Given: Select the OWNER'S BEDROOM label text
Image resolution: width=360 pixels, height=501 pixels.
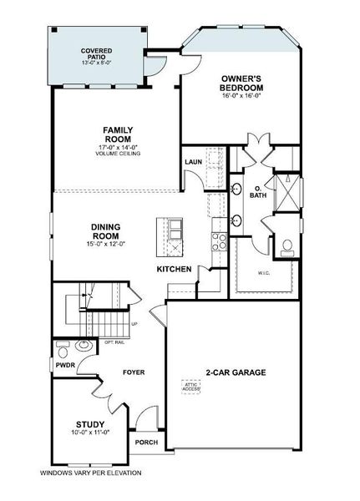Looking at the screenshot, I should coord(242,83).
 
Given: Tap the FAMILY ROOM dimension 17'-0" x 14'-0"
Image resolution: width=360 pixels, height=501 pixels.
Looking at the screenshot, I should coord(119,147).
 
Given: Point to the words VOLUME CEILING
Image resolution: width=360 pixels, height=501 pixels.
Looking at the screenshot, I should coord(119,154).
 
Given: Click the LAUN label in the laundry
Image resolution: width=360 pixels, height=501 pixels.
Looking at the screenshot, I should coord(193,162).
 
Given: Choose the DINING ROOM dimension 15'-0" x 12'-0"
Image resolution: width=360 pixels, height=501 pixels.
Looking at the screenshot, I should coord(108,244).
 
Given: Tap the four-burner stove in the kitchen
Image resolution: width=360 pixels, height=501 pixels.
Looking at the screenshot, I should coord(219,241).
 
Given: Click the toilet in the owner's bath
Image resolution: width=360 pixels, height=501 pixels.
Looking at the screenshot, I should coord(286,246).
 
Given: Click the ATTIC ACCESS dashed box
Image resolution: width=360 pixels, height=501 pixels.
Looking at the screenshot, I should coord(191,387).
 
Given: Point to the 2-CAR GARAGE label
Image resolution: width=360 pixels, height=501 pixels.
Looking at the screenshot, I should coord(235,372).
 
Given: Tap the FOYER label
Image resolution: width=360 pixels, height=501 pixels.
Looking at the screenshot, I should coord(134,372).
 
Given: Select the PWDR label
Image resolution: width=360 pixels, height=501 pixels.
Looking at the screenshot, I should coord(65,365).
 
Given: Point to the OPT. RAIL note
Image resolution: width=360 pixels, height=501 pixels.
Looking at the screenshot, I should coord(114,342).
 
